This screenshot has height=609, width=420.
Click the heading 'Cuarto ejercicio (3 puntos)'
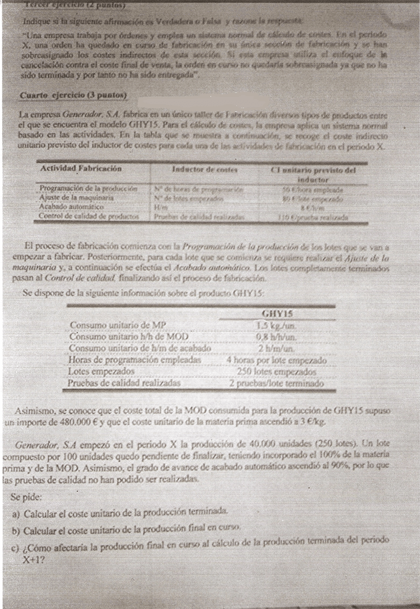pos(73,95)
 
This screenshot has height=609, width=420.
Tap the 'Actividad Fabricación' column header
pos(80,169)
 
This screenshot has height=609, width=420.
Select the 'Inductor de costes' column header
pos(205,169)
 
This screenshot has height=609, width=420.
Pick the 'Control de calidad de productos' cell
pos(88,215)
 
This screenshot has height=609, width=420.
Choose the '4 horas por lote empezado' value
pos(277,361)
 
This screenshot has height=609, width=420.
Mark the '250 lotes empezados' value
pos(277,372)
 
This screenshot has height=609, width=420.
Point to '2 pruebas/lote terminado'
pos(277,383)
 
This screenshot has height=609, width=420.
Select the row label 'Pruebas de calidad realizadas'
pos(125,383)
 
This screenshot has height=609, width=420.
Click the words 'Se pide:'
pos(27,496)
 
